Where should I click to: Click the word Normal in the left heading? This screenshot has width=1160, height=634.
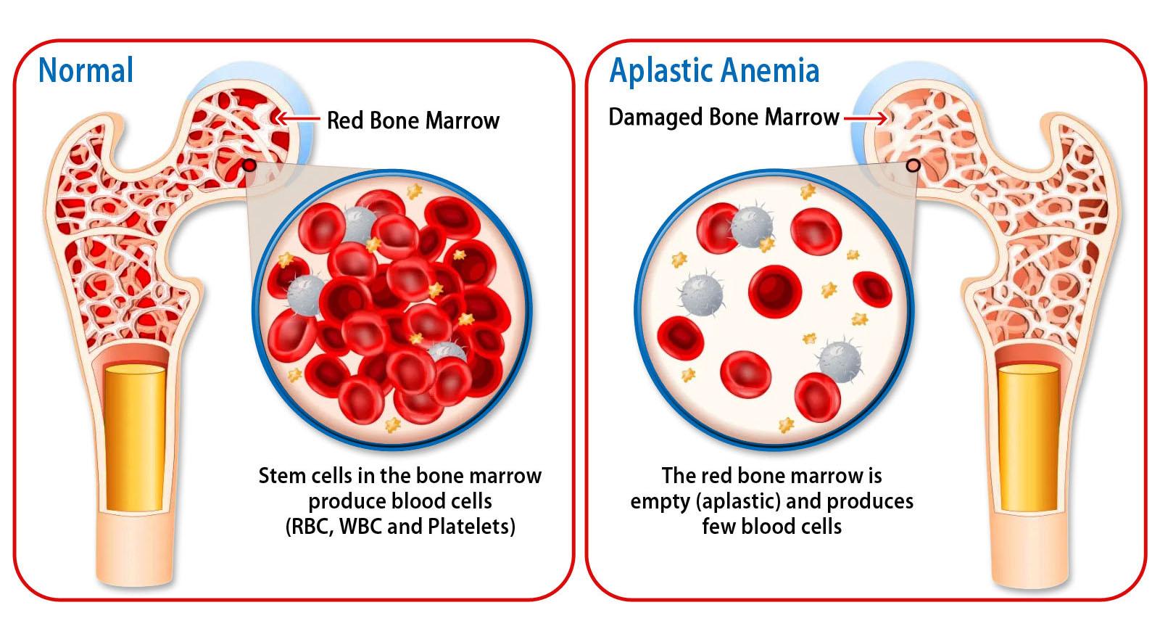click(x=86, y=70)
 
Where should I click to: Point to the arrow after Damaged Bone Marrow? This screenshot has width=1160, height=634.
click(x=865, y=117)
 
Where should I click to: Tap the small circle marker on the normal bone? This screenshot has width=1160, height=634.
click(x=249, y=165)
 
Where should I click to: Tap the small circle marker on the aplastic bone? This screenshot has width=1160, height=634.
click(x=913, y=165)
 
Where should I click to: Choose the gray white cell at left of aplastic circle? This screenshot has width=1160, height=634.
click(x=701, y=295)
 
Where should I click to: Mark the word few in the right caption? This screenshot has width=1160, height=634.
click(x=717, y=526)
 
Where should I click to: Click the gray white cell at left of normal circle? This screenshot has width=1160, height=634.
click(x=306, y=295)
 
